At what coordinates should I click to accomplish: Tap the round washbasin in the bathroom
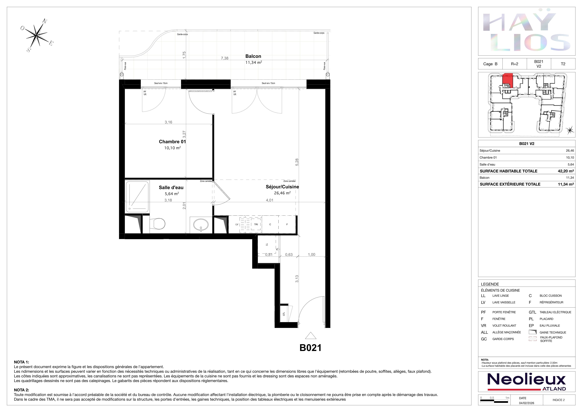pos(201,225)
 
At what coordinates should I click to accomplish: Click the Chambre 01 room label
pos(172,142)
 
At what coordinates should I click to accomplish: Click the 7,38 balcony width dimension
pos(225,58)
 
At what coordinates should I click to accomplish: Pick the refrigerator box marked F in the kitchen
pos(287,224)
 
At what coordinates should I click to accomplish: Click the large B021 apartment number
pos(310,348)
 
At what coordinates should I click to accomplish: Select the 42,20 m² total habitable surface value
pos(566,171)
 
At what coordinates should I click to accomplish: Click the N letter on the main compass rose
pos(45,21)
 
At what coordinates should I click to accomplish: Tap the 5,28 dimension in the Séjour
pos(297,162)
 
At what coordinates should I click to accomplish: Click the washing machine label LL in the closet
pos(267,245)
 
